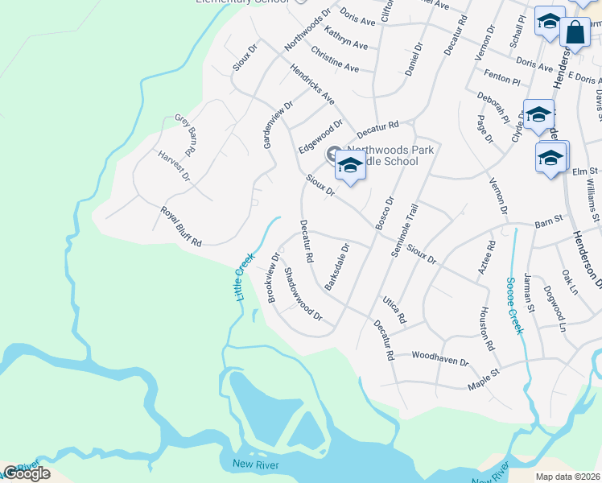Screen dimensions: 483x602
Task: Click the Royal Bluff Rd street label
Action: (x=180, y=227)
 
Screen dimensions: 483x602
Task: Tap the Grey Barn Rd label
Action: (x=186, y=134)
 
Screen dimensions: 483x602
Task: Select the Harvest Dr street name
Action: (x=173, y=165)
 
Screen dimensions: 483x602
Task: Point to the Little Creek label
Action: (x=244, y=276)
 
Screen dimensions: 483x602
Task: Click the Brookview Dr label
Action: (x=272, y=279)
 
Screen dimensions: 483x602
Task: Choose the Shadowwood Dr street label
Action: (x=303, y=294)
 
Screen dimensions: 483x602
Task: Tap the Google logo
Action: (x=26, y=473)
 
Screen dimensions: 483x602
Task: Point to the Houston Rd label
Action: (x=486, y=328)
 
